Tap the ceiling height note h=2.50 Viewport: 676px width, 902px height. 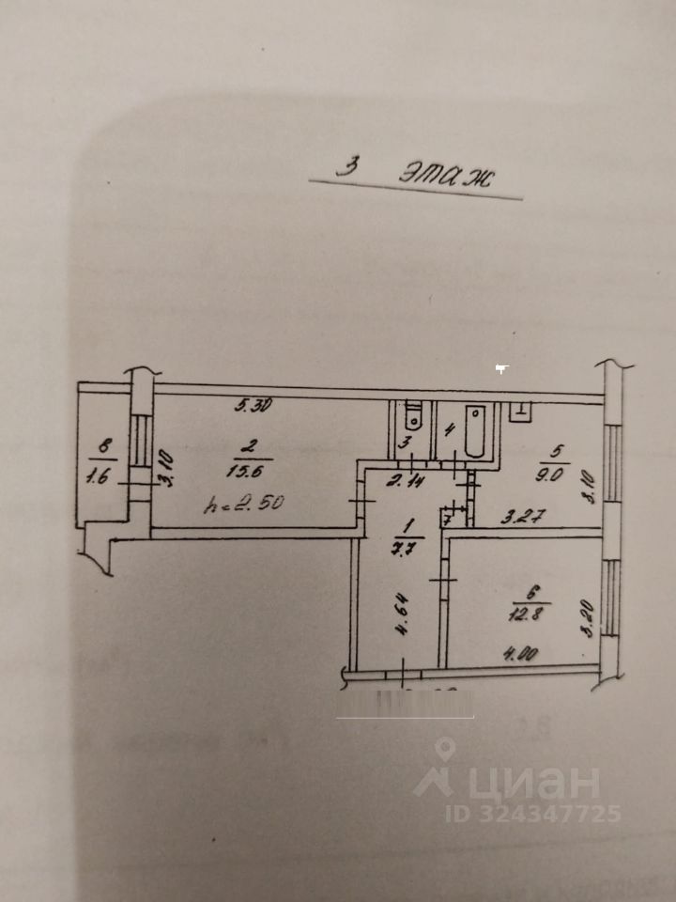(x=243, y=505)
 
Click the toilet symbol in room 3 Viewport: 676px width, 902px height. (x=411, y=415)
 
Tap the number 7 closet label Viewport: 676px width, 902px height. (x=448, y=519)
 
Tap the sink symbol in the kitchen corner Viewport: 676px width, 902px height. (x=520, y=410)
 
